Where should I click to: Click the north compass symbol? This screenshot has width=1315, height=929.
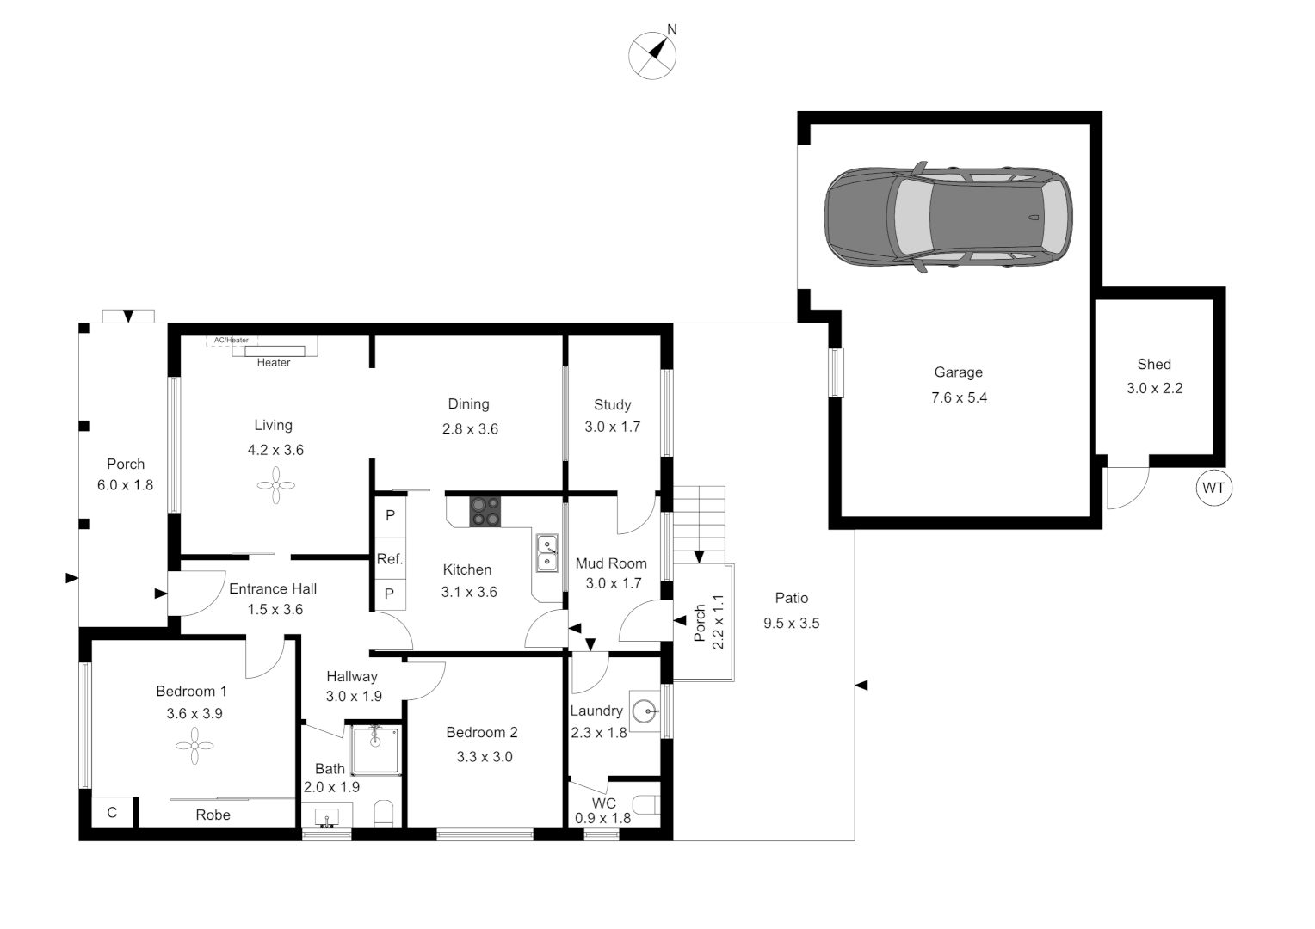tap(652, 55)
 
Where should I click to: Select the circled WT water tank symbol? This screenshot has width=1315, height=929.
tap(1213, 489)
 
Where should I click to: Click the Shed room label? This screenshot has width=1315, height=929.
tap(1154, 364)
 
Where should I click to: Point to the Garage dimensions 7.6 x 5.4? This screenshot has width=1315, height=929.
tap(959, 397)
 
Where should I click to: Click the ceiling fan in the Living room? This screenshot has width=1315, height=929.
tap(275, 485)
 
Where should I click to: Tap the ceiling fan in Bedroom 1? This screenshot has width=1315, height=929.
tap(194, 746)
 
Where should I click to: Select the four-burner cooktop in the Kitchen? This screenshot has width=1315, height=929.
tap(485, 511)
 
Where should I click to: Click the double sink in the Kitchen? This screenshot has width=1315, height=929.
tap(546, 553)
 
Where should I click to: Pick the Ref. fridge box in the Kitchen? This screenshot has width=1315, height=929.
tap(390, 559)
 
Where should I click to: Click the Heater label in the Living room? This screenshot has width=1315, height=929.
tap(274, 363)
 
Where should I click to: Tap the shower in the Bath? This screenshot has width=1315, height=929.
tap(376, 750)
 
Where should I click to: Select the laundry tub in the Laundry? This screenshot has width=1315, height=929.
tap(645, 711)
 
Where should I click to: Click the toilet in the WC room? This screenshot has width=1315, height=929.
tap(646, 805)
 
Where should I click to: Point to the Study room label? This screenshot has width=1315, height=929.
tap(612, 404)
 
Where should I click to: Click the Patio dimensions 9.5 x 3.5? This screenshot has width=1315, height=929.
tap(791, 623)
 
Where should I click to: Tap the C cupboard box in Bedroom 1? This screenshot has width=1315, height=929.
tap(112, 813)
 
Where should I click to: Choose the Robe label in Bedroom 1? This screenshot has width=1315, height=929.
tap(213, 815)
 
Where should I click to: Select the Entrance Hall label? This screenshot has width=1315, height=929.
tap(273, 588)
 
